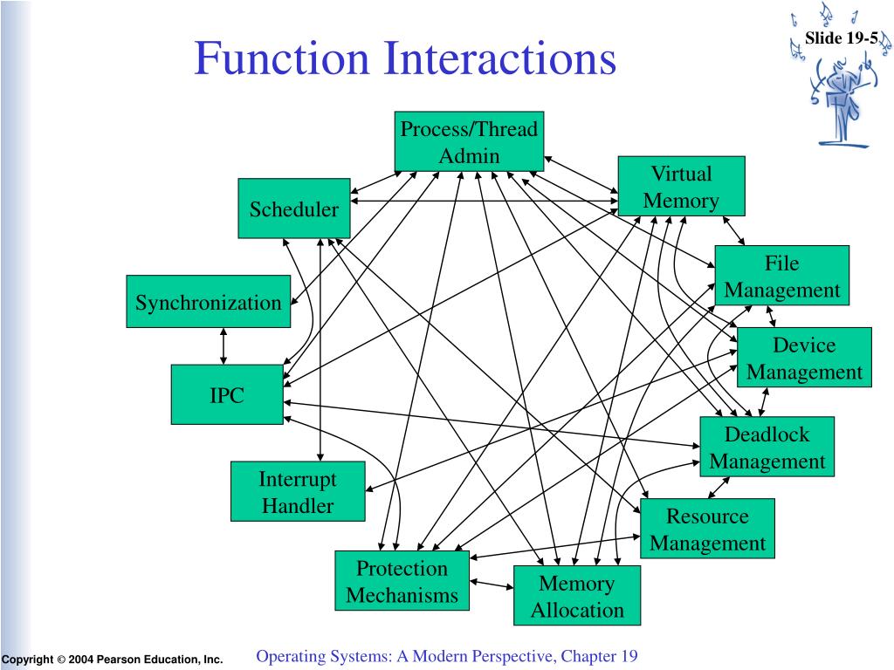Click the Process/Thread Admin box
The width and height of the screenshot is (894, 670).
tap(469, 141)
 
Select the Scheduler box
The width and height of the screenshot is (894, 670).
tap(293, 209)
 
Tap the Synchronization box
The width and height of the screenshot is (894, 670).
tap(208, 302)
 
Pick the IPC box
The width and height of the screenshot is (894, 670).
tap(227, 395)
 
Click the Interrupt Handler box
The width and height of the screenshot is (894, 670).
tap(298, 491)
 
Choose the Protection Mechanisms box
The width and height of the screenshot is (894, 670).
tap(402, 581)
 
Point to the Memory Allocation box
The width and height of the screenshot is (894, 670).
tap(577, 596)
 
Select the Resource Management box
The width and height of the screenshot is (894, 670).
tap(707, 529)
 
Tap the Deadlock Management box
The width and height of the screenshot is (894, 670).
tap(767, 447)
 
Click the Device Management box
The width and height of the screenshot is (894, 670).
tap(804, 358)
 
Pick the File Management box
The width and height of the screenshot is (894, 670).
tap(781, 276)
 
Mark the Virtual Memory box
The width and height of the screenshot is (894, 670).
tap(681, 186)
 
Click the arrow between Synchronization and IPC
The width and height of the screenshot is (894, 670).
tap(224, 346)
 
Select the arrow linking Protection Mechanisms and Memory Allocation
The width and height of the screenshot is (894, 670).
tap(492, 584)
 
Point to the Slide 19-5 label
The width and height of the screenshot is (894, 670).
tap(841, 38)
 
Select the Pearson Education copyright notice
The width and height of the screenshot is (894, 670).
tap(112, 660)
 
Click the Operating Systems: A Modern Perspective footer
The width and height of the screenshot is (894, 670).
tap(447, 656)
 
